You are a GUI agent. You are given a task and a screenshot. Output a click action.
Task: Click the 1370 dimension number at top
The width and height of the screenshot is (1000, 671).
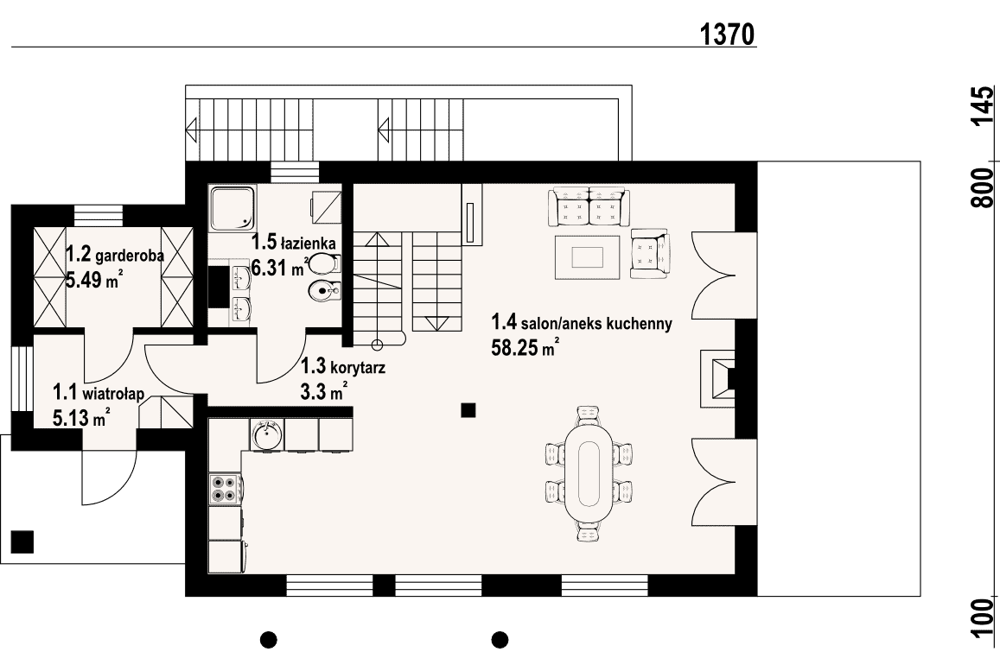pos(727,35)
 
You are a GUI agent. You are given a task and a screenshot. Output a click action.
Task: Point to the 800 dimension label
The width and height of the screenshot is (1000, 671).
pos(982,187)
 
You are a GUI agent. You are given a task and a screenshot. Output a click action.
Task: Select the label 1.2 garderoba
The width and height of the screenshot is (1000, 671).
pos(115,256)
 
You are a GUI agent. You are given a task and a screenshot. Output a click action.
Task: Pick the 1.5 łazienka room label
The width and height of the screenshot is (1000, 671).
pos(293,242)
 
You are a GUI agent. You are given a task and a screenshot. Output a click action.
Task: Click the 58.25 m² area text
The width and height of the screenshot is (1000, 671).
pos(525,347)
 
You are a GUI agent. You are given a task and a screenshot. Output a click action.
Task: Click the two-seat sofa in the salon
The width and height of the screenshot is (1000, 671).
pos(588,206)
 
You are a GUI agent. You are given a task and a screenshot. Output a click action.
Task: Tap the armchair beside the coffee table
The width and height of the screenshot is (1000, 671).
pos(650,253)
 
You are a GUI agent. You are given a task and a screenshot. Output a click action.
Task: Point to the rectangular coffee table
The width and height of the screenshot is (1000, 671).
pos(588,257)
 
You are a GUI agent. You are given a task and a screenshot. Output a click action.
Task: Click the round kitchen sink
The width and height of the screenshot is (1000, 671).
pos(267,435)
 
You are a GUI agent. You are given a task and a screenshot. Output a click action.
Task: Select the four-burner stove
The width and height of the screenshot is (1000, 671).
pos(226,489)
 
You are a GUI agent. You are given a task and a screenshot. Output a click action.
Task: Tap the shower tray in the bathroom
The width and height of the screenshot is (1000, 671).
pos(232,207)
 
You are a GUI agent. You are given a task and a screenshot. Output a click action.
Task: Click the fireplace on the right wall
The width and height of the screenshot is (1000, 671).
pos(718,378)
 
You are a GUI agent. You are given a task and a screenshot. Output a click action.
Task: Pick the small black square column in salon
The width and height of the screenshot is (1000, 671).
pos(468,410)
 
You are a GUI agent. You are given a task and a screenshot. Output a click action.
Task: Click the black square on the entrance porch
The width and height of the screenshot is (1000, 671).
pos(22,541)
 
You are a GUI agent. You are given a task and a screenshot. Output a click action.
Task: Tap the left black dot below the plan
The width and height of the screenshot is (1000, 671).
pos(269,638)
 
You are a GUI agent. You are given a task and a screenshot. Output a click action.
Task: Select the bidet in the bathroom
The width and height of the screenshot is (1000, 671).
pos(324,291)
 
